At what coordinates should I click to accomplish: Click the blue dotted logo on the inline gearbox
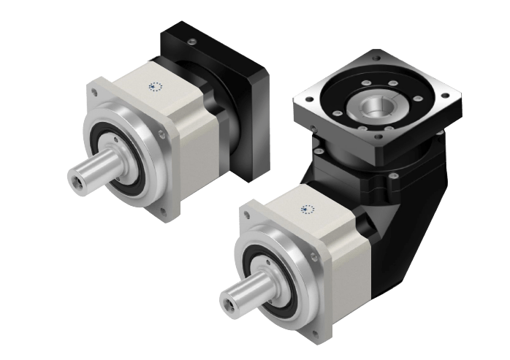pyautogui.click(x=156, y=86)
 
